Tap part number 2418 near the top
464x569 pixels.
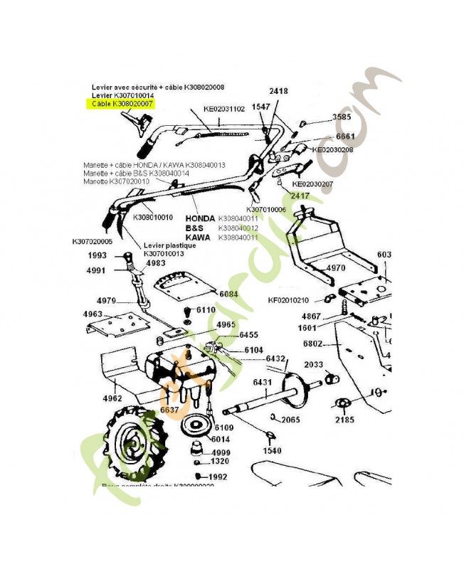point(278,92)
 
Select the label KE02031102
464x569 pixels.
point(224,110)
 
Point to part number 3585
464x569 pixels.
point(342,117)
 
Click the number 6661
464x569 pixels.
point(345,136)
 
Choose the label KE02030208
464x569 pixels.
point(333,150)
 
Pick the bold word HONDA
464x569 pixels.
point(200,218)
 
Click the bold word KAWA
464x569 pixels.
point(197,237)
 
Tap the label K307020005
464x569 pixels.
point(93,241)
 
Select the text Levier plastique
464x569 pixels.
point(169,245)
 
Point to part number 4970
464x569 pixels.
point(336,268)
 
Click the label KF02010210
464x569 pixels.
point(289,300)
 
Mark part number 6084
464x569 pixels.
point(228,293)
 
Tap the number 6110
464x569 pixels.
point(206,310)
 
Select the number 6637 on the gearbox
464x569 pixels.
point(169,410)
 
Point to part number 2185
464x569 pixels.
point(345,420)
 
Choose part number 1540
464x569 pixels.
point(272,450)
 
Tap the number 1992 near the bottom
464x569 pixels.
point(217,477)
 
